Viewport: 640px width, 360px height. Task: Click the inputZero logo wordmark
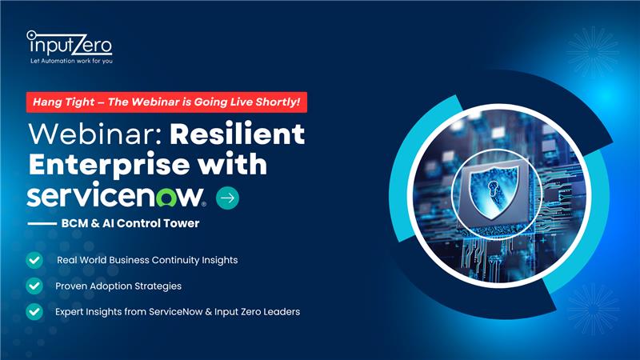(x=70, y=44)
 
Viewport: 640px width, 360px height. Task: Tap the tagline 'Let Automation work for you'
(x=71, y=62)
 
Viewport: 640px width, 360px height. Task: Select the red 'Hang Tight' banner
(x=166, y=102)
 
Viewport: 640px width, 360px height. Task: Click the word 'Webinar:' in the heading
(x=95, y=134)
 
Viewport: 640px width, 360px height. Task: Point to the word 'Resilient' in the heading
(x=237, y=134)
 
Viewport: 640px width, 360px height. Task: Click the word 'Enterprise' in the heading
(x=109, y=165)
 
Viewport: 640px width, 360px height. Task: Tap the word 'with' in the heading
(x=232, y=164)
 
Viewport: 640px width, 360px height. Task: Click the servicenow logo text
(x=116, y=195)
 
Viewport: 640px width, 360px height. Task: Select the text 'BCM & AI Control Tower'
(x=130, y=223)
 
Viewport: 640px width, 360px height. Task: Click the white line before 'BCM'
(x=42, y=224)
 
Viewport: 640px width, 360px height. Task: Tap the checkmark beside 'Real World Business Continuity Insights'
(x=34, y=260)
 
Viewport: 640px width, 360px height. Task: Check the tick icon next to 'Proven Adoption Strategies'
(x=34, y=286)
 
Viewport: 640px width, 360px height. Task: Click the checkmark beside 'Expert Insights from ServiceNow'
(x=34, y=312)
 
